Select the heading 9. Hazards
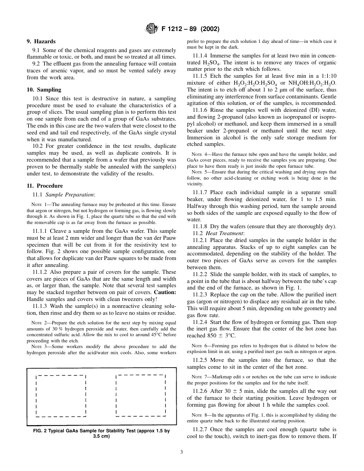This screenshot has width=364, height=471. (x=41, y=41)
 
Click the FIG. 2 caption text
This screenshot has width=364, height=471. (x=102, y=433)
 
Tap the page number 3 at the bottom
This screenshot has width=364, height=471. (x=182, y=452)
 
